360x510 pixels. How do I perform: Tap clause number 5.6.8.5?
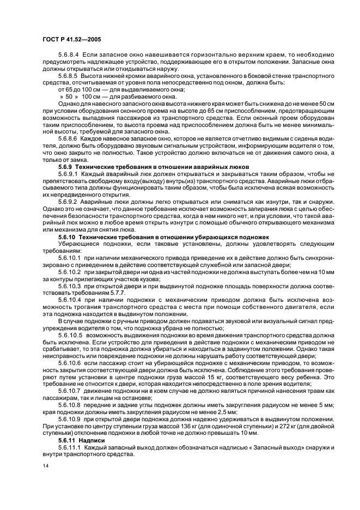tap(69, 76)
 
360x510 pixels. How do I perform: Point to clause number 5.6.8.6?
tap(69, 138)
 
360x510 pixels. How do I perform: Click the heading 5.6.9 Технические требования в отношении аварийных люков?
tap(153, 166)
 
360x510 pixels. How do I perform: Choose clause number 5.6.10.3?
tap(69, 284)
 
